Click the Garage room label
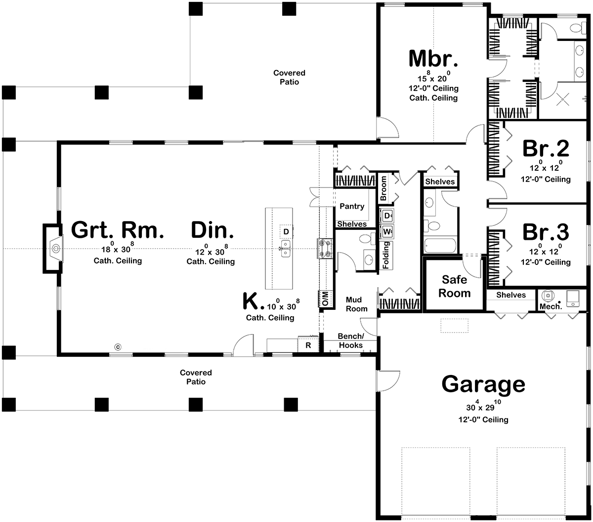click(x=483, y=385)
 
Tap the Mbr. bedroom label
click(x=433, y=59)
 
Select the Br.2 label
click(x=546, y=149)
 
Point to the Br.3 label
click(x=546, y=232)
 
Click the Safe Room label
click(x=454, y=287)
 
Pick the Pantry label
click(x=352, y=206)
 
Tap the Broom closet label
click(x=383, y=188)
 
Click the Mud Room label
click(x=356, y=304)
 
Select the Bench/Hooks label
click(x=351, y=340)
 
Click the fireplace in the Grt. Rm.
click(x=53, y=249)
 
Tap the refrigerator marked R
click(x=308, y=345)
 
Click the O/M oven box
click(x=326, y=298)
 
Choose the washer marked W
click(x=386, y=232)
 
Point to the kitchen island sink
click(x=286, y=249)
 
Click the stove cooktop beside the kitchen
click(x=325, y=249)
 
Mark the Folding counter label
click(x=386, y=255)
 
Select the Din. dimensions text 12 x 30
click(x=211, y=251)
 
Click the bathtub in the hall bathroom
click(x=440, y=246)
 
